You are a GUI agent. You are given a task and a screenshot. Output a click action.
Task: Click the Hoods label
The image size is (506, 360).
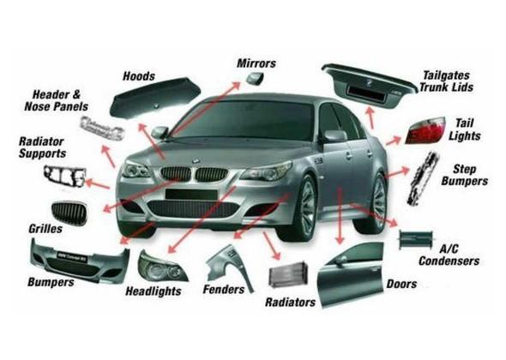139,76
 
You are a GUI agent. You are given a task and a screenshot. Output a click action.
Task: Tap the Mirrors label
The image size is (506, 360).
256,63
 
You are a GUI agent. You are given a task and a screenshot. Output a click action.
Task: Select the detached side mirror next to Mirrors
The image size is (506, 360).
256,78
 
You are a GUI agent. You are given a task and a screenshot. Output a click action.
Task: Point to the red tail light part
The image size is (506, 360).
425,131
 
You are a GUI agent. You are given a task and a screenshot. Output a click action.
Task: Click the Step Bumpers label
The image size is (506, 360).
464,175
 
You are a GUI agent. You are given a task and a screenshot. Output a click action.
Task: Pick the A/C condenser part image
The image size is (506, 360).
416,239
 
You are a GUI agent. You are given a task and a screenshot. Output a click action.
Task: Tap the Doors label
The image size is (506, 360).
401,284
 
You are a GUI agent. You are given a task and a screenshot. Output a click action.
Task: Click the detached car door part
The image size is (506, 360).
351,274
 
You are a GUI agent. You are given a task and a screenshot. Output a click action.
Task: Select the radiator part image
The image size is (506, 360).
288,274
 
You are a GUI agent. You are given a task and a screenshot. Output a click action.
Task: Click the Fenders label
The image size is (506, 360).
224,290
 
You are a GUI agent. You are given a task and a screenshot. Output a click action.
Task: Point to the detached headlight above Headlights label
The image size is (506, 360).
162,267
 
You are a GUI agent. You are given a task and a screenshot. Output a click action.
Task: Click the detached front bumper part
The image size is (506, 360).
80,261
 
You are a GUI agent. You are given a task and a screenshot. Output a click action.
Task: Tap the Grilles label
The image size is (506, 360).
45,229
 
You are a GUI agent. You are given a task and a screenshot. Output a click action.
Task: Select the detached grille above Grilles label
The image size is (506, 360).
69,212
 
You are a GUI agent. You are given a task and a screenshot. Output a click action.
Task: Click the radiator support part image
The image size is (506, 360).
65,177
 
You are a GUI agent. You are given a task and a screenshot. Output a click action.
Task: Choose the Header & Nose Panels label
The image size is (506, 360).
57,100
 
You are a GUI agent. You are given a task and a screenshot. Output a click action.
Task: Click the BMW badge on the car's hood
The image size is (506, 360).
195,161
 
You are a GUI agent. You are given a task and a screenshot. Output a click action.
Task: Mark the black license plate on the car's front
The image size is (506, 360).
191,195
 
